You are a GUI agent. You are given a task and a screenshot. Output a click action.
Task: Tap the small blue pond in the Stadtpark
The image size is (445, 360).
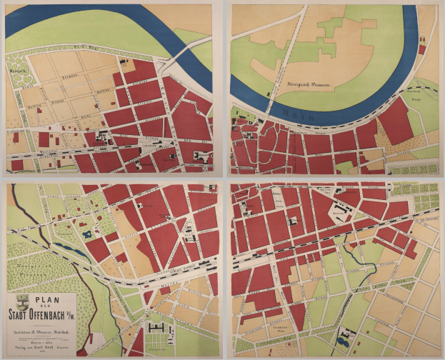(86, 234)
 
